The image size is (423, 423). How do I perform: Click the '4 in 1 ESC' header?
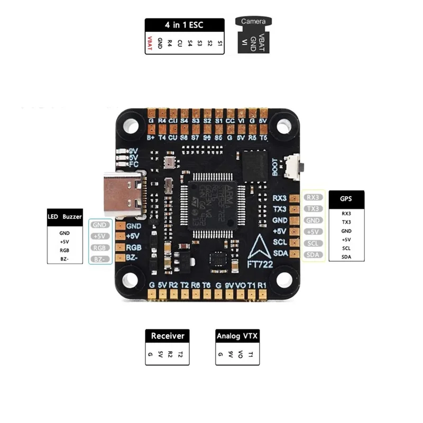pyautogui.click(x=185, y=25)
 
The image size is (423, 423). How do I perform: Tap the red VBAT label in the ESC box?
pyautogui.click(x=149, y=43)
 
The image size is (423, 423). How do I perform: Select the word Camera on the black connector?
pyautogui.click(x=253, y=22)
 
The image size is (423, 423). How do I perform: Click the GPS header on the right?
pyautogui.click(x=346, y=200)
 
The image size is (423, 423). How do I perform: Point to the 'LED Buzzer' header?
pyautogui.click(x=65, y=217)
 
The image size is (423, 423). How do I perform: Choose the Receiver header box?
pyautogui.click(x=167, y=336)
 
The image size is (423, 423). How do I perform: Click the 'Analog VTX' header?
pyautogui.click(x=237, y=336)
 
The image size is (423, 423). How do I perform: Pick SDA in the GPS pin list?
pyautogui.click(x=346, y=257)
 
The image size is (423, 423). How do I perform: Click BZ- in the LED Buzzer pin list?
pyautogui.click(x=65, y=259)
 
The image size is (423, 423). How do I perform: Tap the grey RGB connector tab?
pyautogui.click(x=99, y=247)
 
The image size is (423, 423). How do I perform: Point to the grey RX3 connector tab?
pyautogui.click(x=312, y=197)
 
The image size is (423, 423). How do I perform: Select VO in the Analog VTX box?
pyautogui.click(x=241, y=354)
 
